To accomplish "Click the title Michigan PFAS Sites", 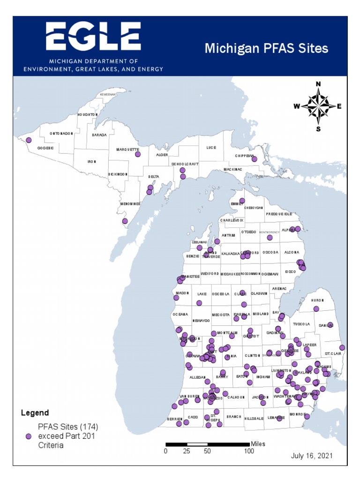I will coord(266,49).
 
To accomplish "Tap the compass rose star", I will coord(318,106).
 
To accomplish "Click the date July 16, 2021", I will coord(312,456).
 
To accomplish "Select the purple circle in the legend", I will coord(28,436).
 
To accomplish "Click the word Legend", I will coord(35,413).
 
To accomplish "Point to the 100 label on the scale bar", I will coord(249,451).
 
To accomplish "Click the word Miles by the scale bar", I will coord(258,443).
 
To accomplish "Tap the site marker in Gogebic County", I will coord(29,140).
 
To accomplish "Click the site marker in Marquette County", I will coord(138,154).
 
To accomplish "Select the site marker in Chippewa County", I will coord(255,159).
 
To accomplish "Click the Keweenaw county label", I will coord(107,94).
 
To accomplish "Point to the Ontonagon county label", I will coord(61,134).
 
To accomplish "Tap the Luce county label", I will coord(211,147).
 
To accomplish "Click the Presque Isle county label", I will coord(279,214).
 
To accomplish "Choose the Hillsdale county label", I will coord(254,419).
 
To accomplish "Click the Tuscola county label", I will coord(302,324).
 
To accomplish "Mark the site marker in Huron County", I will coord(316,308).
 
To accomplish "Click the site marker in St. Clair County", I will coord(342,347).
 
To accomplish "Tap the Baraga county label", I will coord(99,135).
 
